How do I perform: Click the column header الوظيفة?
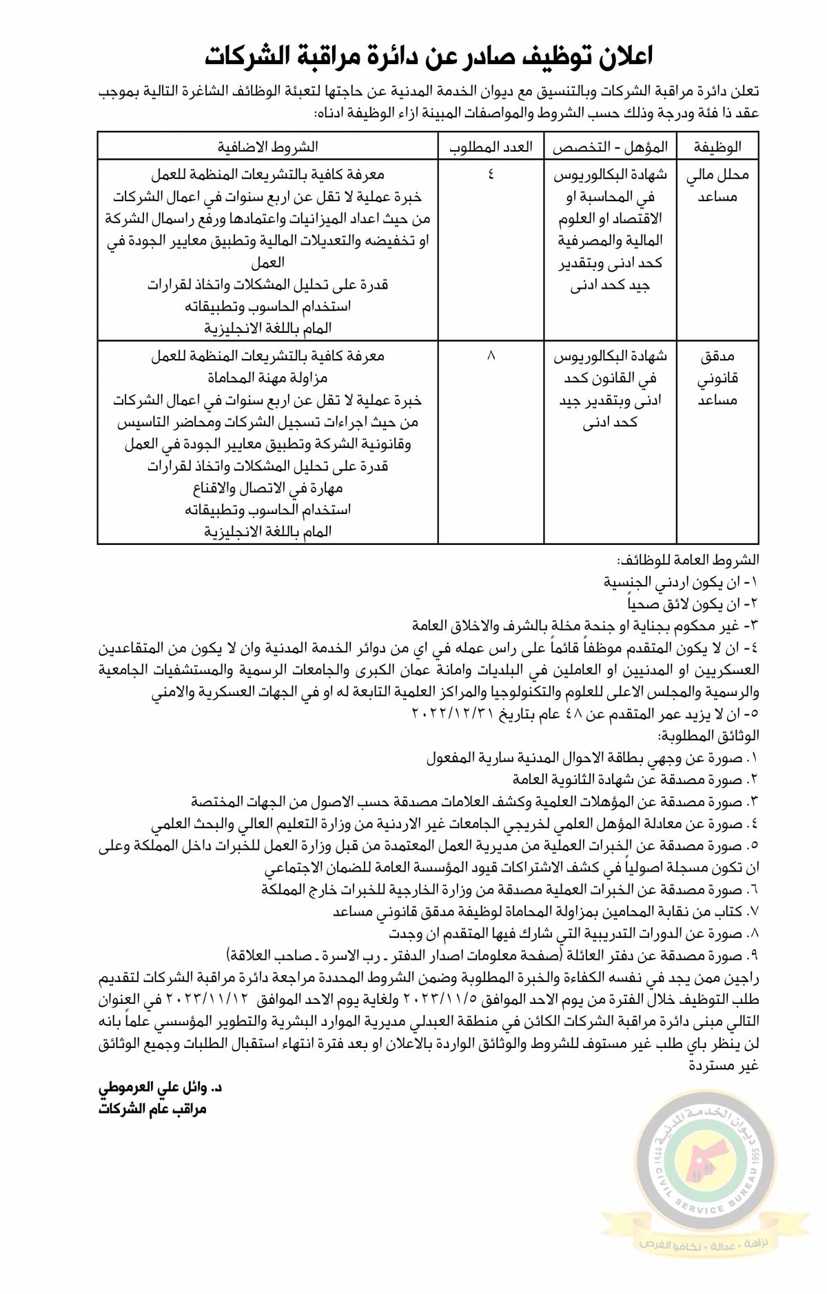pos(717,147)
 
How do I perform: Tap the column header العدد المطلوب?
pos(491,147)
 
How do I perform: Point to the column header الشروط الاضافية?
pos(268,147)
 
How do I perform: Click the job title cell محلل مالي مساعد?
pos(717,186)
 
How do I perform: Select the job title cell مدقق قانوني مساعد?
pos(717,378)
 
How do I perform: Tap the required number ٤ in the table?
pos(491,174)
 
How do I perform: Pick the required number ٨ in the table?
pos(491,356)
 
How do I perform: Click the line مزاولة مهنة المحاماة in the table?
pos(267,378)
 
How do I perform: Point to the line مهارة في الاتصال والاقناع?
pos(267,489)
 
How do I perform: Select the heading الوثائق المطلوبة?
pos(708,736)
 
